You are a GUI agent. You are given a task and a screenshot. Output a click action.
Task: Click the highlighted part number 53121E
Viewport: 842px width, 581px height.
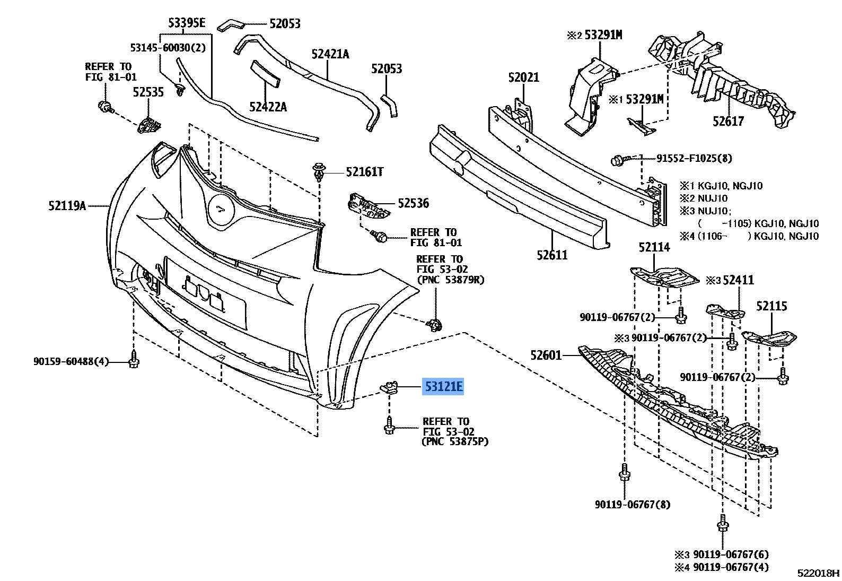(x=443, y=386)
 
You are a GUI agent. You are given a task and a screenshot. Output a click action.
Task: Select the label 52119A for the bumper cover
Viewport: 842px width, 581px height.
(x=67, y=206)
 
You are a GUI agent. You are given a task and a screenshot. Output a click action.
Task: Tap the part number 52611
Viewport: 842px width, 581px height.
(x=552, y=255)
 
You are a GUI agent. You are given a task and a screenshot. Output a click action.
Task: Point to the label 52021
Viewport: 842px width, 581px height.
(x=523, y=77)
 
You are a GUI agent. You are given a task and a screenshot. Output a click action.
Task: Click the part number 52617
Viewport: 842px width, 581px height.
(x=728, y=122)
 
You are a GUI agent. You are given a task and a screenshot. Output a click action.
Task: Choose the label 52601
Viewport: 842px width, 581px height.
(x=546, y=355)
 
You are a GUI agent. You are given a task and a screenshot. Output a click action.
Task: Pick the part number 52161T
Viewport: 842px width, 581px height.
(x=364, y=172)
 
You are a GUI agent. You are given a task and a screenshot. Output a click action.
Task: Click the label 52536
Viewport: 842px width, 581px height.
(x=413, y=203)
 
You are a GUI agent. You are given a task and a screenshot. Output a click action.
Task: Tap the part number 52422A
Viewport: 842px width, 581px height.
(x=268, y=107)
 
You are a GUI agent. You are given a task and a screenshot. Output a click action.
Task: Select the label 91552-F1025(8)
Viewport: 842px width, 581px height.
(x=694, y=158)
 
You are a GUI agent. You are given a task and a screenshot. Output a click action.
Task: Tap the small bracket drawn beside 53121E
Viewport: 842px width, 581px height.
(x=390, y=387)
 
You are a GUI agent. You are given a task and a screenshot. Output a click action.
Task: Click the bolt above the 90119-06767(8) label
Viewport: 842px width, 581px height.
(x=625, y=472)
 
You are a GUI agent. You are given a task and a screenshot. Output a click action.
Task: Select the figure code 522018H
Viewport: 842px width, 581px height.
(x=819, y=573)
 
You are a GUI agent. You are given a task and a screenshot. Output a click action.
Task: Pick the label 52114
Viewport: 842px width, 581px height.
(x=654, y=247)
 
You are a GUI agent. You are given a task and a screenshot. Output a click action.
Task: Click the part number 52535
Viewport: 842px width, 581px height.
(x=148, y=92)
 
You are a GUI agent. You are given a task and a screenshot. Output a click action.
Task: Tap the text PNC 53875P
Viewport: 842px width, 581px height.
(x=455, y=441)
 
